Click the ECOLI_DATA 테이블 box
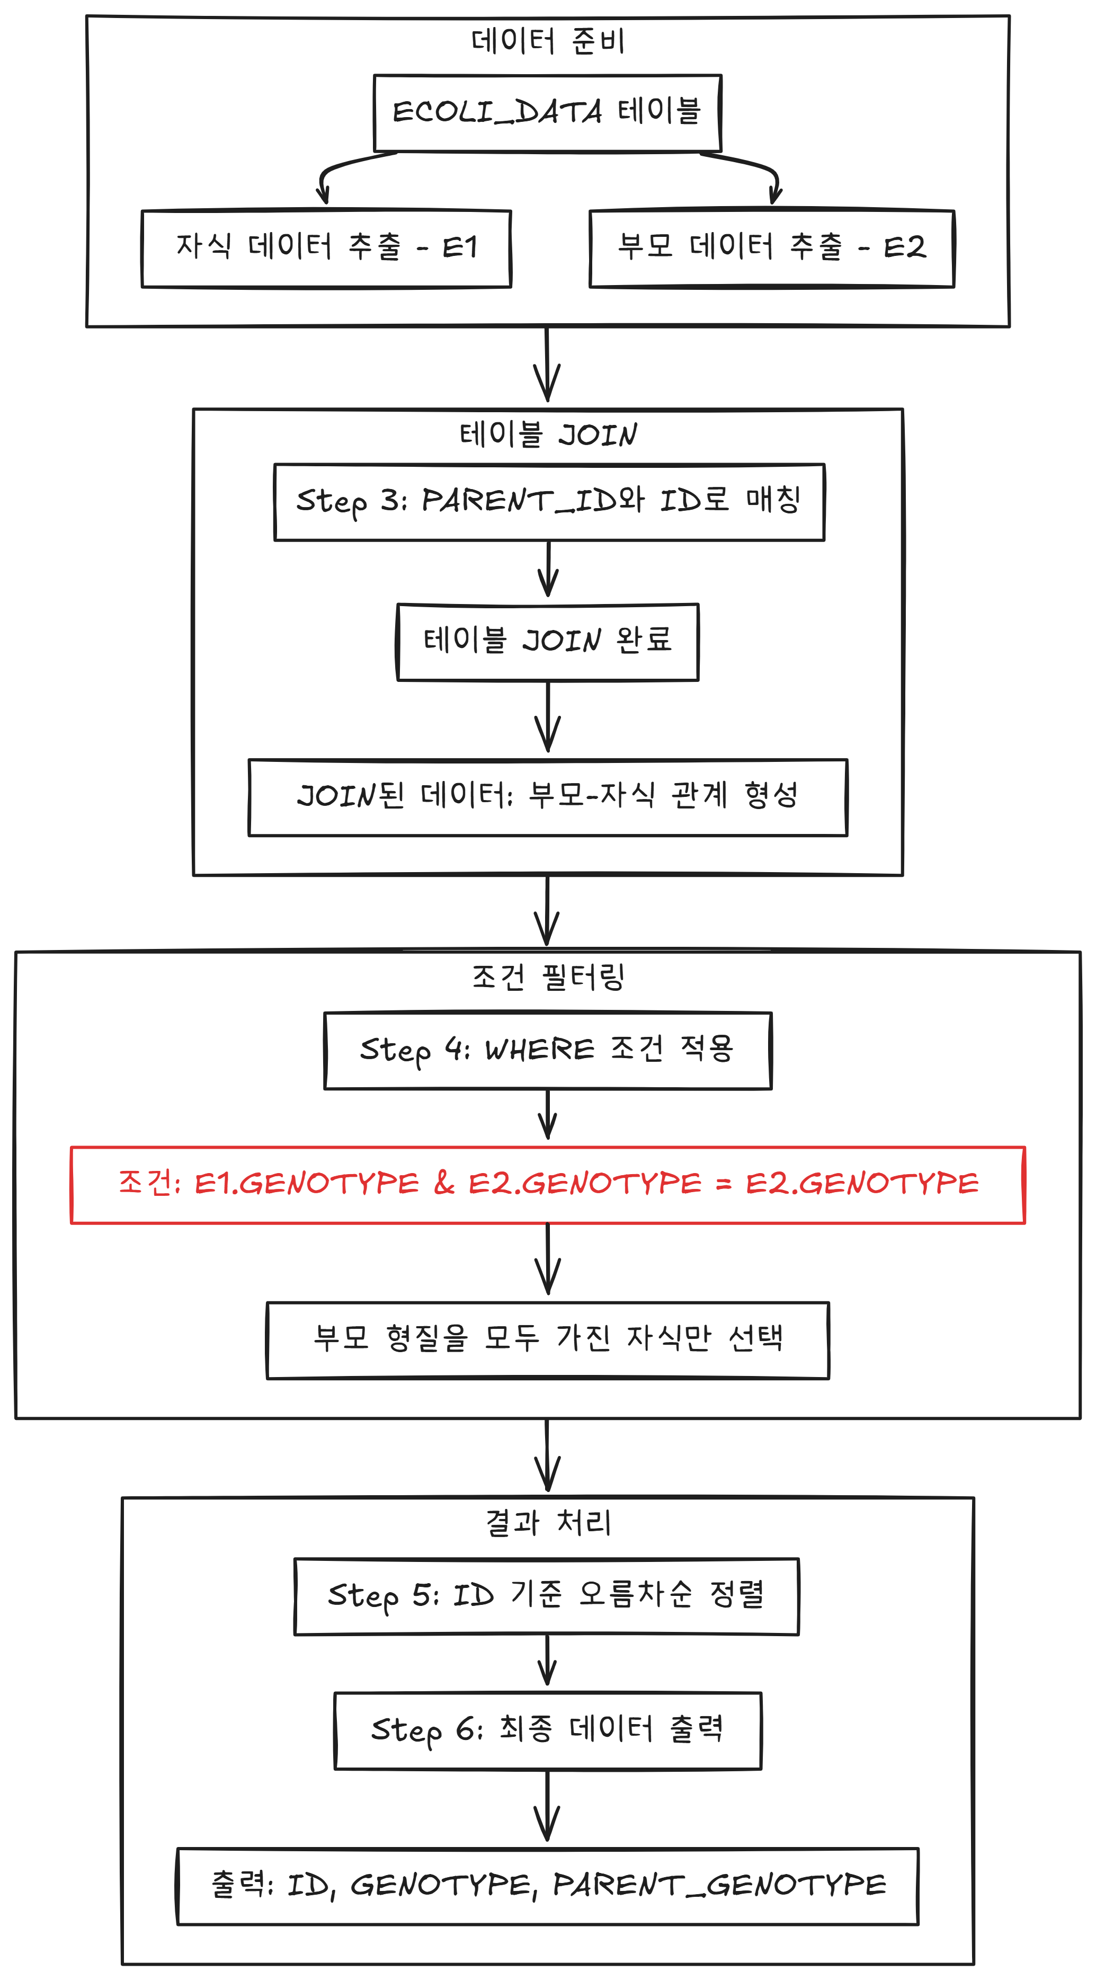(x=547, y=113)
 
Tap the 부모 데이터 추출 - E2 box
(x=772, y=248)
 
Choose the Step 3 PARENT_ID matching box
(x=549, y=502)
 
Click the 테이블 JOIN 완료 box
(x=547, y=642)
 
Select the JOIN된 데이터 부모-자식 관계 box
(x=547, y=797)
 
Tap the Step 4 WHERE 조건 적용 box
(x=547, y=1050)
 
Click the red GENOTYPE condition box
(x=547, y=1185)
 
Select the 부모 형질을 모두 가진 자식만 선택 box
(x=547, y=1340)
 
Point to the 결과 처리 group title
(x=547, y=1523)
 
